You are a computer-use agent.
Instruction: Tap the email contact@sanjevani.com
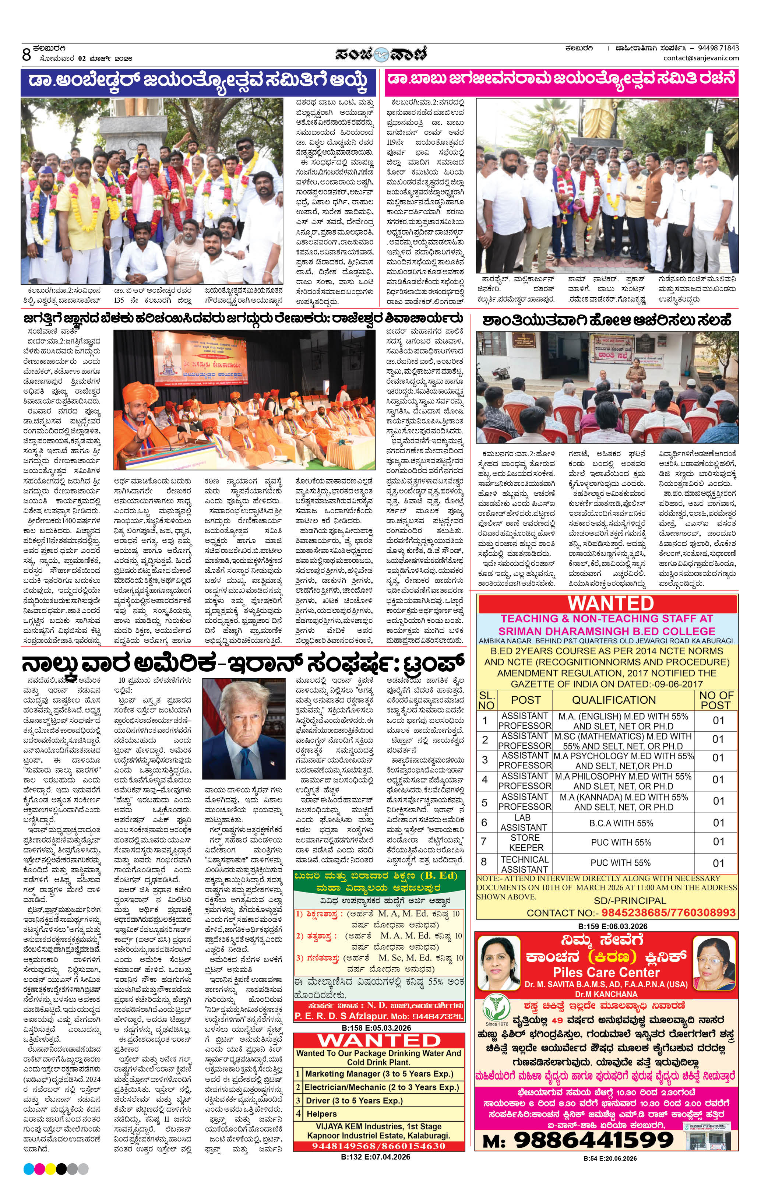(x=701, y=58)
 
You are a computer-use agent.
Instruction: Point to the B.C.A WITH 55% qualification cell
(x=621, y=823)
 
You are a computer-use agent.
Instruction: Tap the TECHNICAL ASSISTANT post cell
(x=524, y=864)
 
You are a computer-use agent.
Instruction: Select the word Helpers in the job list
(x=321, y=1114)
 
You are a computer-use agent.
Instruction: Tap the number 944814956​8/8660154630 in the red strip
(x=378, y=1146)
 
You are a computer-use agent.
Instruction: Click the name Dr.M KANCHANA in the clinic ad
(x=606, y=994)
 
